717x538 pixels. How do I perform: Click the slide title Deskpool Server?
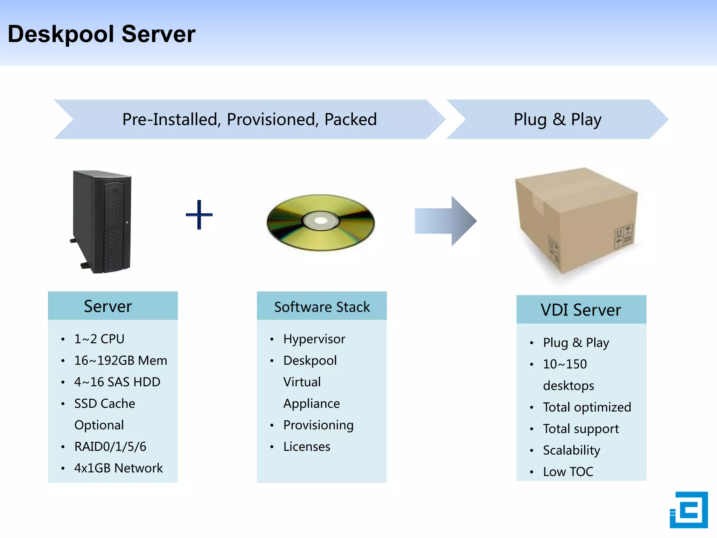[102, 34]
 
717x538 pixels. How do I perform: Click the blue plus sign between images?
[199, 215]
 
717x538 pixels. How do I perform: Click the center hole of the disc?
[320, 221]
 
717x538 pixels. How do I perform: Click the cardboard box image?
[576, 221]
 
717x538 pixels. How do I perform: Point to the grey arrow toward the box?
[445, 221]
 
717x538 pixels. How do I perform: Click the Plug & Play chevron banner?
[557, 119]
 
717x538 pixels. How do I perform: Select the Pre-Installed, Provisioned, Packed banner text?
[249, 119]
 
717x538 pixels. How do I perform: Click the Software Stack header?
[322, 307]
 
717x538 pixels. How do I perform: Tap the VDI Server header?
[581, 310]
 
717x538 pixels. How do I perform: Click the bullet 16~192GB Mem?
[120, 360]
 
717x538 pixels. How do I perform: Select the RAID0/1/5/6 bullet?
[110, 447]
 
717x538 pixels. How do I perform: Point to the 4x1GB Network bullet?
[118, 468]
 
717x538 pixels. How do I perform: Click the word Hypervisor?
[314, 339]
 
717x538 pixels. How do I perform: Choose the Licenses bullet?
[307, 447]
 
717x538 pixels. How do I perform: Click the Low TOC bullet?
[568, 472]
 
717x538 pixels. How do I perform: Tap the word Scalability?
[571, 450]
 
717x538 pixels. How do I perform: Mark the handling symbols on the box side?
[623, 236]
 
